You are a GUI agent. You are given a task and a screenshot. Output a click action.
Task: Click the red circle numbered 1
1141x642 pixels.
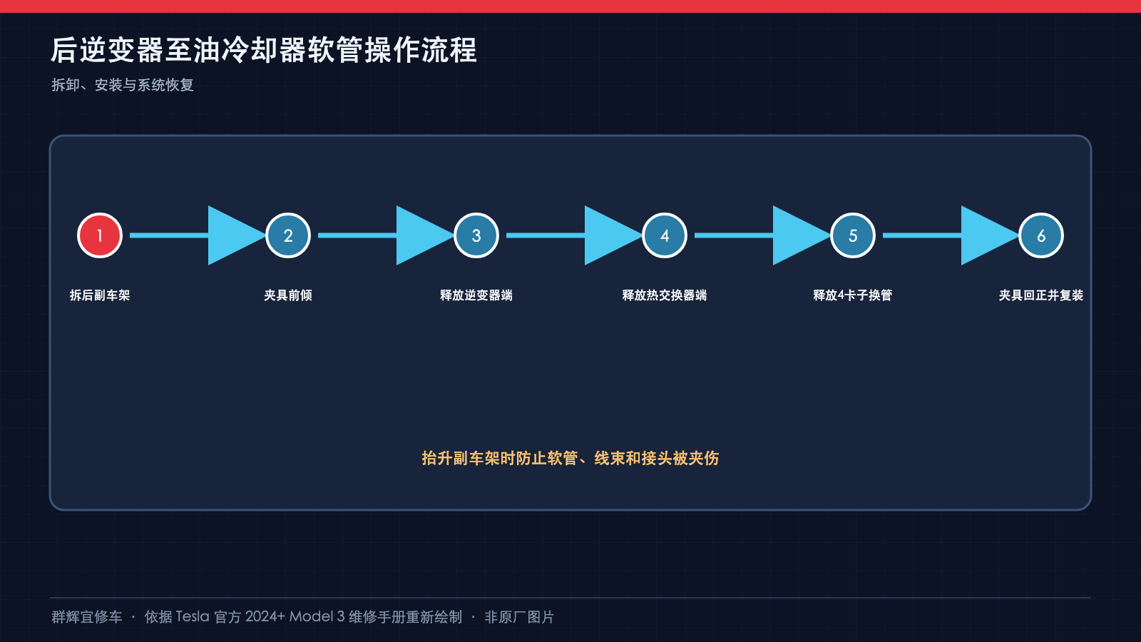click(100, 235)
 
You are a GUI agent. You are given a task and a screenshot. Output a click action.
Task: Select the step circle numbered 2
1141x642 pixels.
click(288, 235)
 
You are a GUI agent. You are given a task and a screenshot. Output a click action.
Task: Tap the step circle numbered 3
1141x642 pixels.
click(476, 235)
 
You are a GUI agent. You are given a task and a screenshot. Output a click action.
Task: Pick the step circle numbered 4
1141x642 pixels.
click(664, 235)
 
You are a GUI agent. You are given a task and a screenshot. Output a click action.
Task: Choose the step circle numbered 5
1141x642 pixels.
click(853, 235)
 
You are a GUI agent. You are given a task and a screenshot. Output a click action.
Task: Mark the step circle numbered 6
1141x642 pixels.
click(1040, 235)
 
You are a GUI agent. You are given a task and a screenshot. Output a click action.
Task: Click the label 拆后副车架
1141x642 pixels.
click(100, 295)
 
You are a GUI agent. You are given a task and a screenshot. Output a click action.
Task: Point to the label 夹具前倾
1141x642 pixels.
click(288, 295)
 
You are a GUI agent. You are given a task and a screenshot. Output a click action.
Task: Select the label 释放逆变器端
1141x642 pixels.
click(476, 295)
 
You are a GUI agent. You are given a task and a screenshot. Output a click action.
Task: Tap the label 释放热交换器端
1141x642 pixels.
click(664, 295)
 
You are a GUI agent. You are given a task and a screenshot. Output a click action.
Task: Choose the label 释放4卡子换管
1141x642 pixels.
click(853, 295)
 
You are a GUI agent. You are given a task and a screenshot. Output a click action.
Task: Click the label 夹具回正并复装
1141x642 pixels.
click(1040, 295)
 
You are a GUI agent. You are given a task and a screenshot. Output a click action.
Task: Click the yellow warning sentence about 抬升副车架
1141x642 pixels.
click(570, 458)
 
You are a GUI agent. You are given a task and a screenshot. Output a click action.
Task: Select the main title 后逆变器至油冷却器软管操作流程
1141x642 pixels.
click(264, 50)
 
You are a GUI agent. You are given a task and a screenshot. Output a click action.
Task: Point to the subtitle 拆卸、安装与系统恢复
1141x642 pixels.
click(122, 85)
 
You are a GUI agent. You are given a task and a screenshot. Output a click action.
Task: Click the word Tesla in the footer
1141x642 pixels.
click(193, 616)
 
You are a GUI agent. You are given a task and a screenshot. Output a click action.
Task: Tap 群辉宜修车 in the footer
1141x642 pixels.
click(87, 617)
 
